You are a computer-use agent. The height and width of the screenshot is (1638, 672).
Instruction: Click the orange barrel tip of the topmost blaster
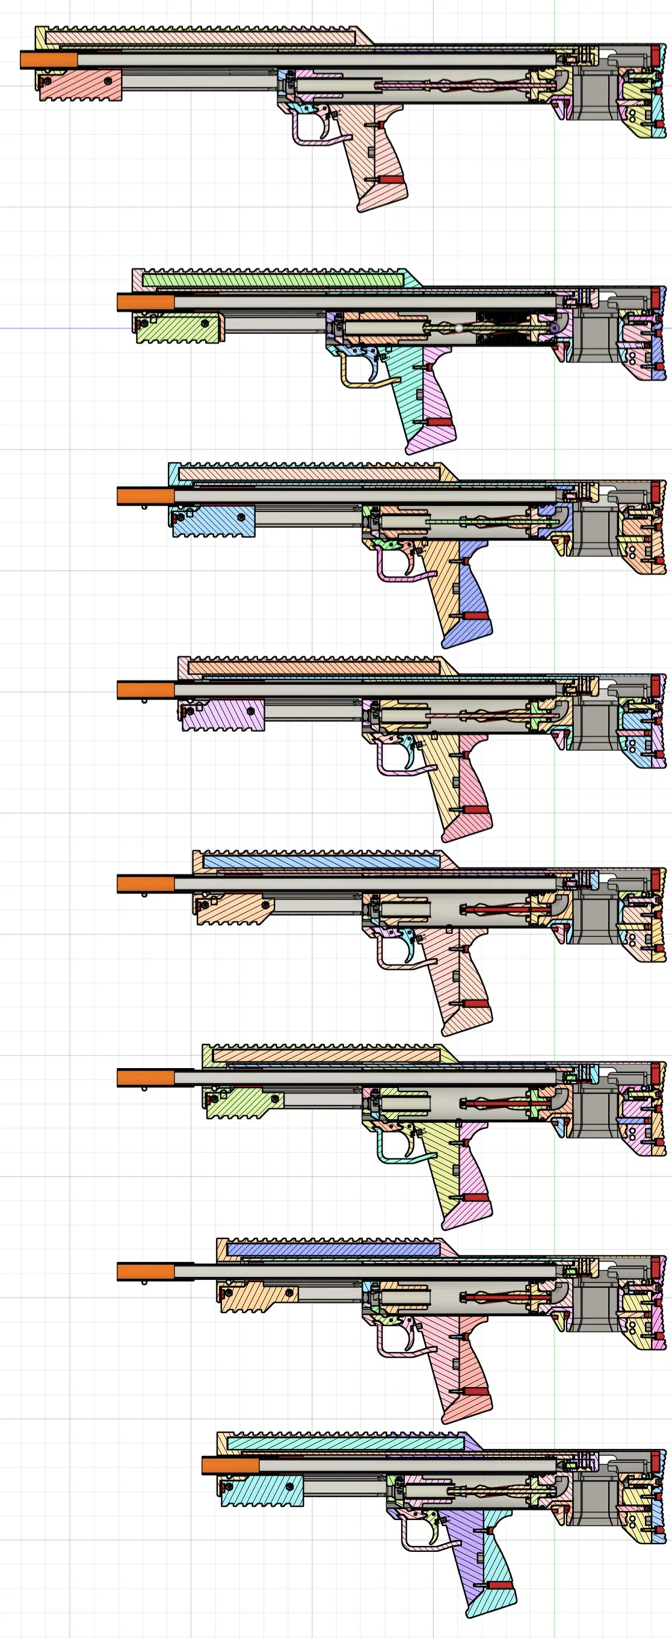pos(48,60)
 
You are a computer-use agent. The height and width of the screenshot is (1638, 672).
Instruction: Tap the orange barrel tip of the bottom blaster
pos(230,1466)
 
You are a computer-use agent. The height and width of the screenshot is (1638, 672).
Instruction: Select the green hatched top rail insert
pos(273,280)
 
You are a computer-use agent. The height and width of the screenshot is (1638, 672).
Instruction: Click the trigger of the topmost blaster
pos(325,127)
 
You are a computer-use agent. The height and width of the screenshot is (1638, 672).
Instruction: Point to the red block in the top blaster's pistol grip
pos(390,180)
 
